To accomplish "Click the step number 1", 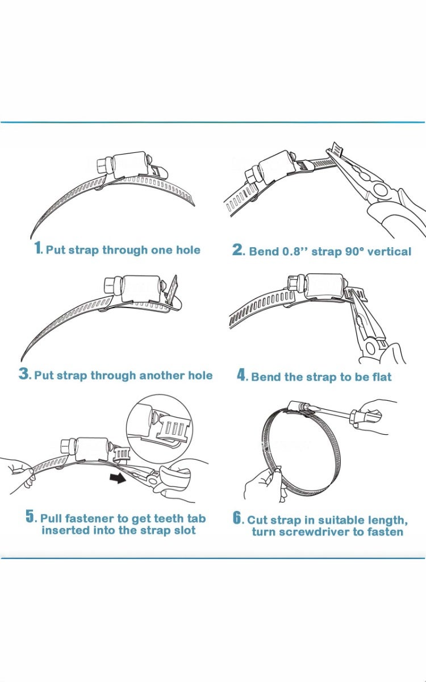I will [x=38, y=248].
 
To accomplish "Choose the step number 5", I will [x=31, y=517].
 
